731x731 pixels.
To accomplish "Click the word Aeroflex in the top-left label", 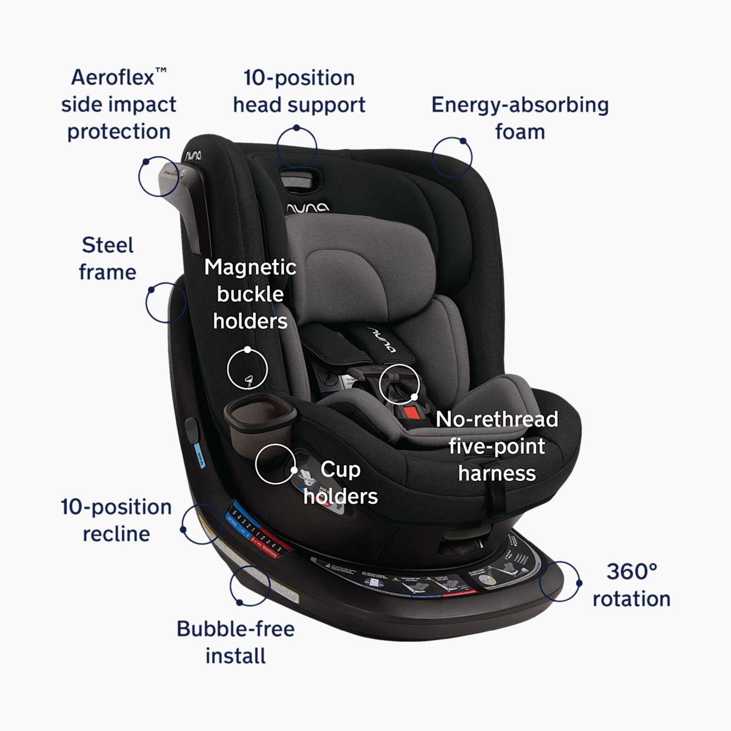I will pyautogui.click(x=113, y=77).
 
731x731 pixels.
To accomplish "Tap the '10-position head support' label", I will pyautogui.click(x=299, y=91).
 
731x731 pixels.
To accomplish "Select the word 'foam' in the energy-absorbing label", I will pyautogui.click(x=520, y=132).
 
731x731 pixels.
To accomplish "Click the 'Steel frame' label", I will pyautogui.click(x=107, y=259).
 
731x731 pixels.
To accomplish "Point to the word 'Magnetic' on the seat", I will pyautogui.click(x=250, y=267).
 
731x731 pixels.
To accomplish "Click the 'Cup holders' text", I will pyautogui.click(x=340, y=483).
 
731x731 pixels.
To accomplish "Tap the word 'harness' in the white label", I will pyautogui.click(x=497, y=473).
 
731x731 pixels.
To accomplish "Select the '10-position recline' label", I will pyautogui.click(x=116, y=521).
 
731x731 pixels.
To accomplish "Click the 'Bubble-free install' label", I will pyautogui.click(x=235, y=642).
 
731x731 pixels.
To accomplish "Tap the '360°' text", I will pyautogui.click(x=631, y=571).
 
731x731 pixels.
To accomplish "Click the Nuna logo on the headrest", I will pyautogui.click(x=308, y=208).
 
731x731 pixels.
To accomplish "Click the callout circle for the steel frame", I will pyautogui.click(x=166, y=302).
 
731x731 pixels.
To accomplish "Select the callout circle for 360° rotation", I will pyautogui.click(x=559, y=581).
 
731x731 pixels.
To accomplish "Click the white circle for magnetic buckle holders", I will pyautogui.click(x=248, y=369).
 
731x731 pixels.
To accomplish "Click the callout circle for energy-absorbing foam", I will pyautogui.click(x=452, y=157).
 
